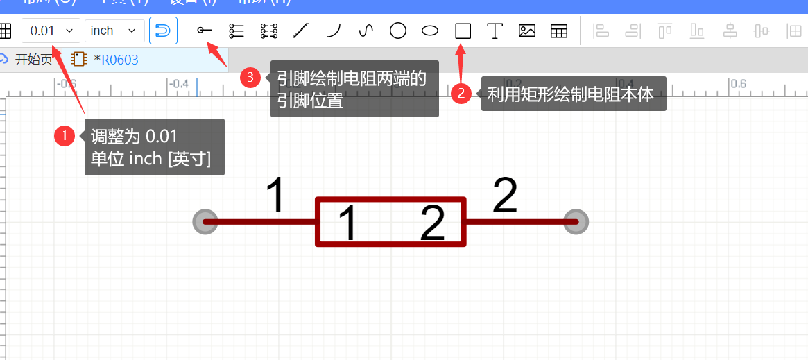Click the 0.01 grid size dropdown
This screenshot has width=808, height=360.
point(51,31)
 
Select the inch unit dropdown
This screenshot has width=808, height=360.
point(114,31)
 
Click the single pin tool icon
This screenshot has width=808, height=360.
point(205,31)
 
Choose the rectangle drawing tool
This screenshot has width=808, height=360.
point(463,31)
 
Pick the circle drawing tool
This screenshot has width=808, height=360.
point(398,31)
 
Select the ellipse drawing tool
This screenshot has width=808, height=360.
point(430,31)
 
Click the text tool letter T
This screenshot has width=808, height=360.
point(495,31)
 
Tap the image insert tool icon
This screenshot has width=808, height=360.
point(527,31)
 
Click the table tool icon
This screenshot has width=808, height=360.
point(559,31)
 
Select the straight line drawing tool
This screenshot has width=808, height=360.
point(301,31)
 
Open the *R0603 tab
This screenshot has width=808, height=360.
point(115,60)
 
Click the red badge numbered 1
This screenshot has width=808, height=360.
point(65,136)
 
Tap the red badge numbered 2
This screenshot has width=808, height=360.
point(461,93)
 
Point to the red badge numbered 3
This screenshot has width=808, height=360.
point(250,77)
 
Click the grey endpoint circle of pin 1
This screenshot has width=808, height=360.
point(205,222)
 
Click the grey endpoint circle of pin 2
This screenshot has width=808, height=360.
point(576,222)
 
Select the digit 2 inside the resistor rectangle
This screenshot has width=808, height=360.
point(433,223)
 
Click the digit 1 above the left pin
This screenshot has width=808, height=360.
point(276,196)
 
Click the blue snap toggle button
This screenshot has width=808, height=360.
point(163,31)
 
